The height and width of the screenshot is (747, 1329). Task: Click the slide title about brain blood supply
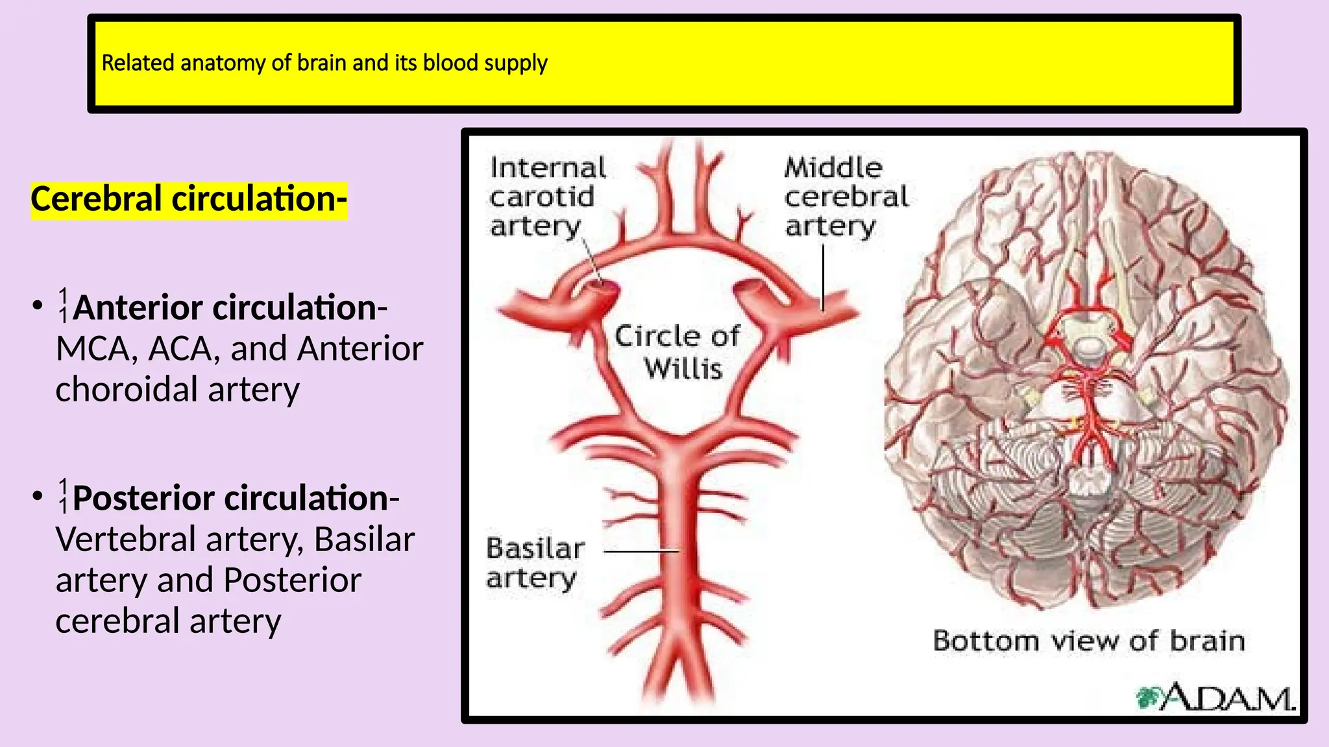(x=324, y=63)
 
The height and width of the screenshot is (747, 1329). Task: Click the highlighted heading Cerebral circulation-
(x=189, y=199)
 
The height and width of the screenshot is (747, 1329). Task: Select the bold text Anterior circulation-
(x=230, y=307)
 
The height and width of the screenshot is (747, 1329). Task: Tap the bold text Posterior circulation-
(x=236, y=498)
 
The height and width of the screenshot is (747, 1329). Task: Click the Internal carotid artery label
(x=547, y=196)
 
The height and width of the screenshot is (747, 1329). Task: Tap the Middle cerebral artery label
(x=845, y=196)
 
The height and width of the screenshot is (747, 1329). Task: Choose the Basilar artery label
(x=535, y=563)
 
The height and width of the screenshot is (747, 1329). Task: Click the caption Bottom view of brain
(x=1089, y=641)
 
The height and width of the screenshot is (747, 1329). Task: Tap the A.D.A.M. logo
(x=1216, y=697)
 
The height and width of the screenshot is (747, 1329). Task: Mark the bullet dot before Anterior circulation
(x=38, y=305)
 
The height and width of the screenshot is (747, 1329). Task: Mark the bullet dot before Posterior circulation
(x=38, y=496)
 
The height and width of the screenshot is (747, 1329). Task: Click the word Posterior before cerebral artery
(x=293, y=580)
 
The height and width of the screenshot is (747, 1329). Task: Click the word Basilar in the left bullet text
(x=364, y=539)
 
